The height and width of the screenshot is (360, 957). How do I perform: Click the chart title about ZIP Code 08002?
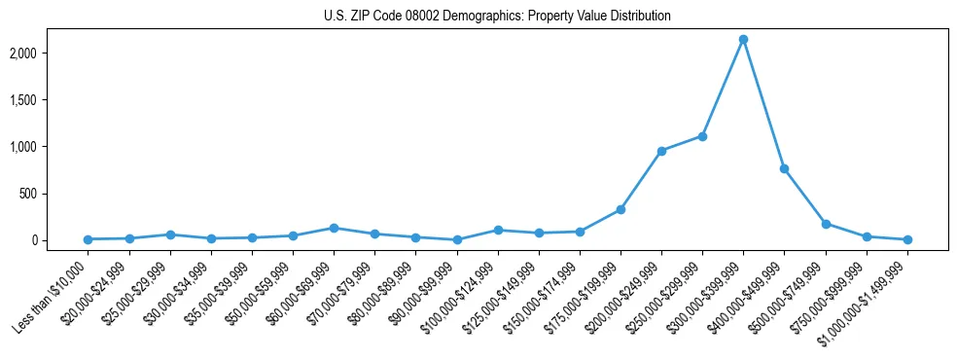pyautogui.click(x=497, y=17)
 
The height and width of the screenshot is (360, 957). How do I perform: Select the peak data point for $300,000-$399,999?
pyautogui.click(x=743, y=40)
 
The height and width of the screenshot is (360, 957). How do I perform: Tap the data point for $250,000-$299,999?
pyautogui.click(x=702, y=136)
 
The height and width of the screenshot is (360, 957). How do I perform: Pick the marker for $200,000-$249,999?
pyautogui.click(x=661, y=151)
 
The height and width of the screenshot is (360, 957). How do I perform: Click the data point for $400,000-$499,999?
pyautogui.click(x=784, y=168)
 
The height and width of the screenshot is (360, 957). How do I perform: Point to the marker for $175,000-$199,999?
pyautogui.click(x=620, y=209)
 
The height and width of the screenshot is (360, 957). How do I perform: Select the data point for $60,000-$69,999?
pyautogui.click(x=334, y=228)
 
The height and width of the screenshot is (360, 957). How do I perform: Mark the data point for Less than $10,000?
pyautogui.click(x=88, y=239)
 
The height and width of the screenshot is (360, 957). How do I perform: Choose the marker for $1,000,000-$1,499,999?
pyautogui.click(x=907, y=239)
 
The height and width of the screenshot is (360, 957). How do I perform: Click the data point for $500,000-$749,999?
pyautogui.click(x=826, y=224)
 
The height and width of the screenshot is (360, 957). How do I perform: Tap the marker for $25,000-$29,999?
pyautogui.click(x=170, y=234)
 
